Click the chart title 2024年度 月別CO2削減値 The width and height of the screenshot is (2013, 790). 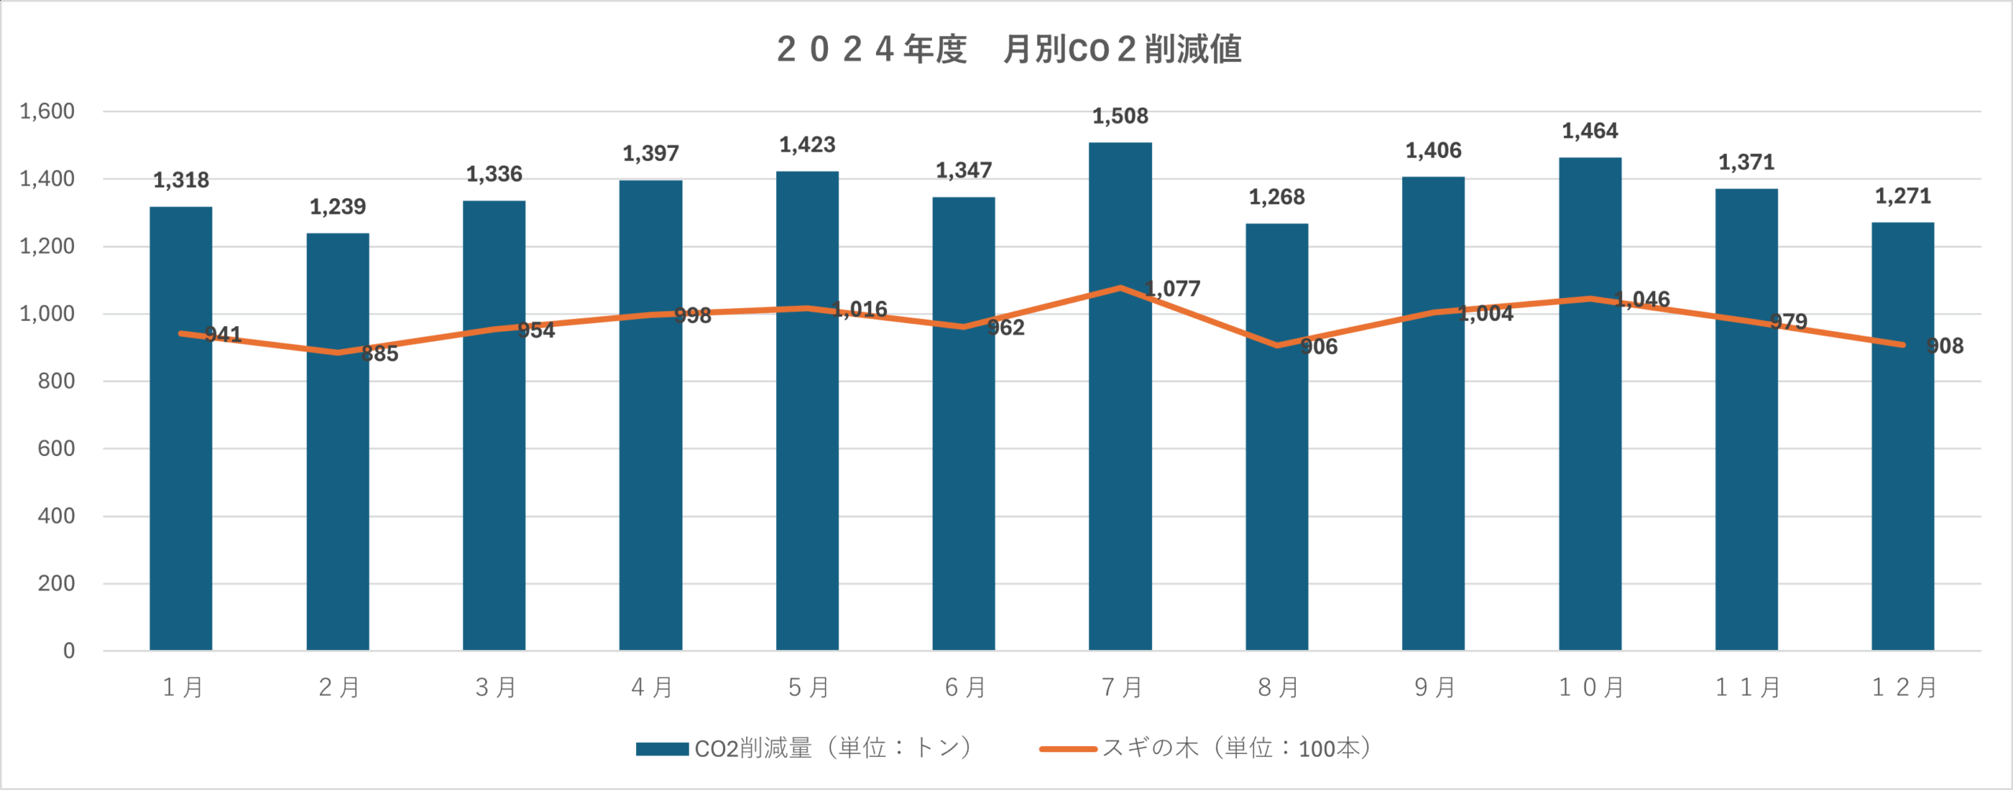click(x=1009, y=49)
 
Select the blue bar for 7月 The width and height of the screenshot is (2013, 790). click(x=1120, y=472)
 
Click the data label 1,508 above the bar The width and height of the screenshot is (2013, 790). click(x=1120, y=116)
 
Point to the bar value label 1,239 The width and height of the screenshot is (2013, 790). click(x=337, y=207)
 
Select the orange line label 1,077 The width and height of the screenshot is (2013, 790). click(x=1172, y=288)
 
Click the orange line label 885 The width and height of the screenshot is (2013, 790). click(x=380, y=354)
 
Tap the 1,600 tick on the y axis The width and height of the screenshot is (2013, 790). click(x=47, y=111)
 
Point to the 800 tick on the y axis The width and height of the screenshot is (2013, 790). click(x=56, y=381)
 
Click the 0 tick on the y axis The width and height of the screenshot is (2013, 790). click(x=69, y=651)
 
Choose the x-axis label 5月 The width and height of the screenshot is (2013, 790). click(x=808, y=688)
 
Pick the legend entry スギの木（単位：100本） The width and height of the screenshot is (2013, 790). click(x=1207, y=748)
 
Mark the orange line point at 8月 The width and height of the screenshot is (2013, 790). click(x=1277, y=345)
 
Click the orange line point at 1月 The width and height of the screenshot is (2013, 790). click(x=181, y=333)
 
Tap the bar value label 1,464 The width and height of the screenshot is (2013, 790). click(x=1590, y=130)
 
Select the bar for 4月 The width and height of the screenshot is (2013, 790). click(x=650, y=472)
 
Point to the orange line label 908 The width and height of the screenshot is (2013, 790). click(x=1945, y=346)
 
